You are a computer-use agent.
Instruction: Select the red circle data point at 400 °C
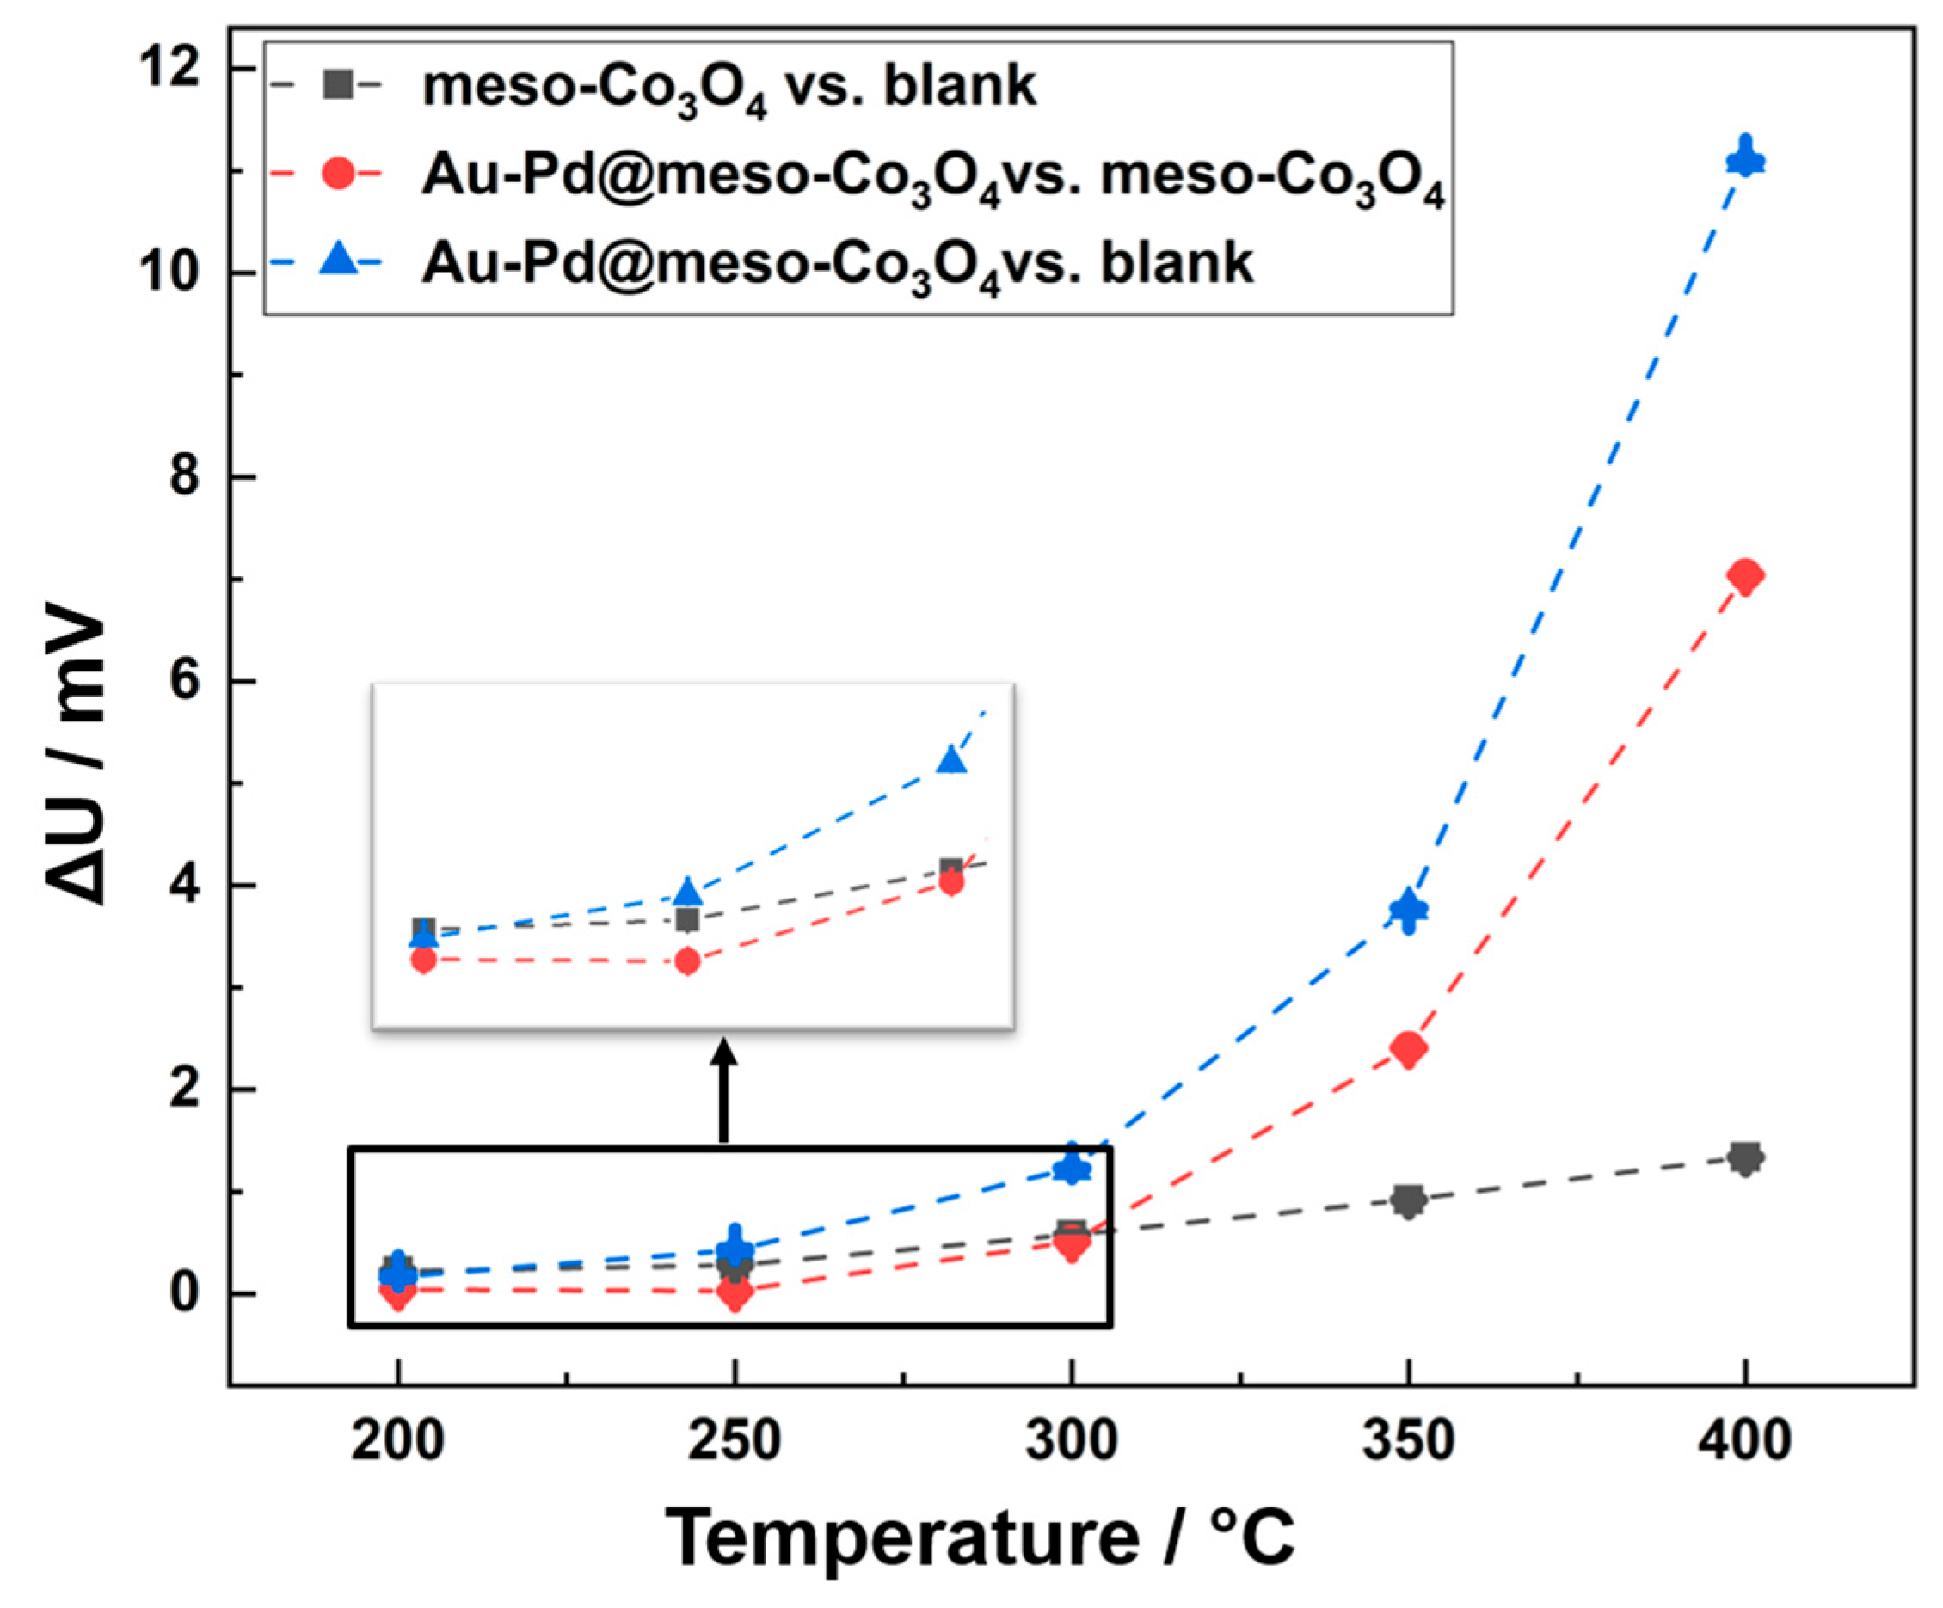pos(1745,576)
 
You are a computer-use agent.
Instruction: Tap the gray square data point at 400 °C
pos(1745,1157)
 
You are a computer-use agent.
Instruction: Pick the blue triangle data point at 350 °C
pos(1408,909)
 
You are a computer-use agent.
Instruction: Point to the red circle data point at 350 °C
pos(1408,1048)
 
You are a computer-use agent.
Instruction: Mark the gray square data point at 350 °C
pos(1408,1200)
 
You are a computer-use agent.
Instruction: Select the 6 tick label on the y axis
pos(185,682)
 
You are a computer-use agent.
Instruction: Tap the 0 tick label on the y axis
pos(185,1293)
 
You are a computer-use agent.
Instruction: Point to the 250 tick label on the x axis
pos(735,1441)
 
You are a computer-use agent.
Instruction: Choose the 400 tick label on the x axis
pos(1745,1441)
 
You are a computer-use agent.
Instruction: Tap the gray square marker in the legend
pos(340,85)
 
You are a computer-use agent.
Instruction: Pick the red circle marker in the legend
pos(340,173)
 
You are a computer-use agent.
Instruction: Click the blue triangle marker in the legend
pos(340,261)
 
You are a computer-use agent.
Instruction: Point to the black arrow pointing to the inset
pos(723,1092)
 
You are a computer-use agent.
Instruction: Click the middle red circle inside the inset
pos(686,962)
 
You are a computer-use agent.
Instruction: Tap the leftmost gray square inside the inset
pos(424,928)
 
